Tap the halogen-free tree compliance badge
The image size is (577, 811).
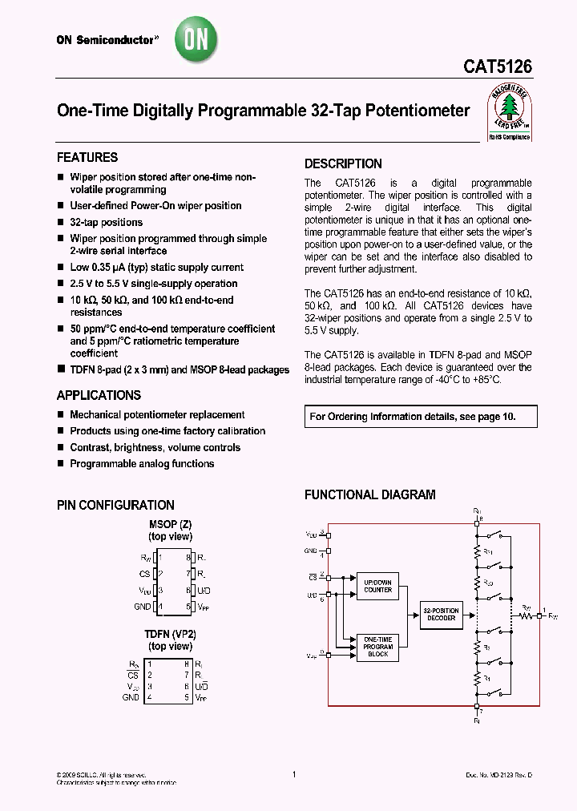click(510, 114)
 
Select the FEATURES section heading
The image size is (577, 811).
click(87, 158)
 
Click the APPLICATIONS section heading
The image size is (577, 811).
click(99, 395)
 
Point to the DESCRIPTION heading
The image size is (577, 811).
click(343, 163)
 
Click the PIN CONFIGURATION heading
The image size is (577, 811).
click(115, 505)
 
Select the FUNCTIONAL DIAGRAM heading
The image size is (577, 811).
click(369, 495)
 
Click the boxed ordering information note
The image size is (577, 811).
click(420, 417)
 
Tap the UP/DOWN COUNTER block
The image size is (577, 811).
click(377, 586)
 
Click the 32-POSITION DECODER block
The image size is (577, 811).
click(442, 615)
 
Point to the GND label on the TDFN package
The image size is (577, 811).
click(131, 698)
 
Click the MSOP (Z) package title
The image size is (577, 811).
click(170, 524)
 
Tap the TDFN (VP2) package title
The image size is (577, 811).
click(170, 634)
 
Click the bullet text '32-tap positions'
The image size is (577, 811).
click(106, 222)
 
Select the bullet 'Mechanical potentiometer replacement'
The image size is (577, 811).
click(157, 415)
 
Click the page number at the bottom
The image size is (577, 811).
click(294, 774)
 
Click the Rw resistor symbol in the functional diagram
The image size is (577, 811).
click(527, 616)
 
